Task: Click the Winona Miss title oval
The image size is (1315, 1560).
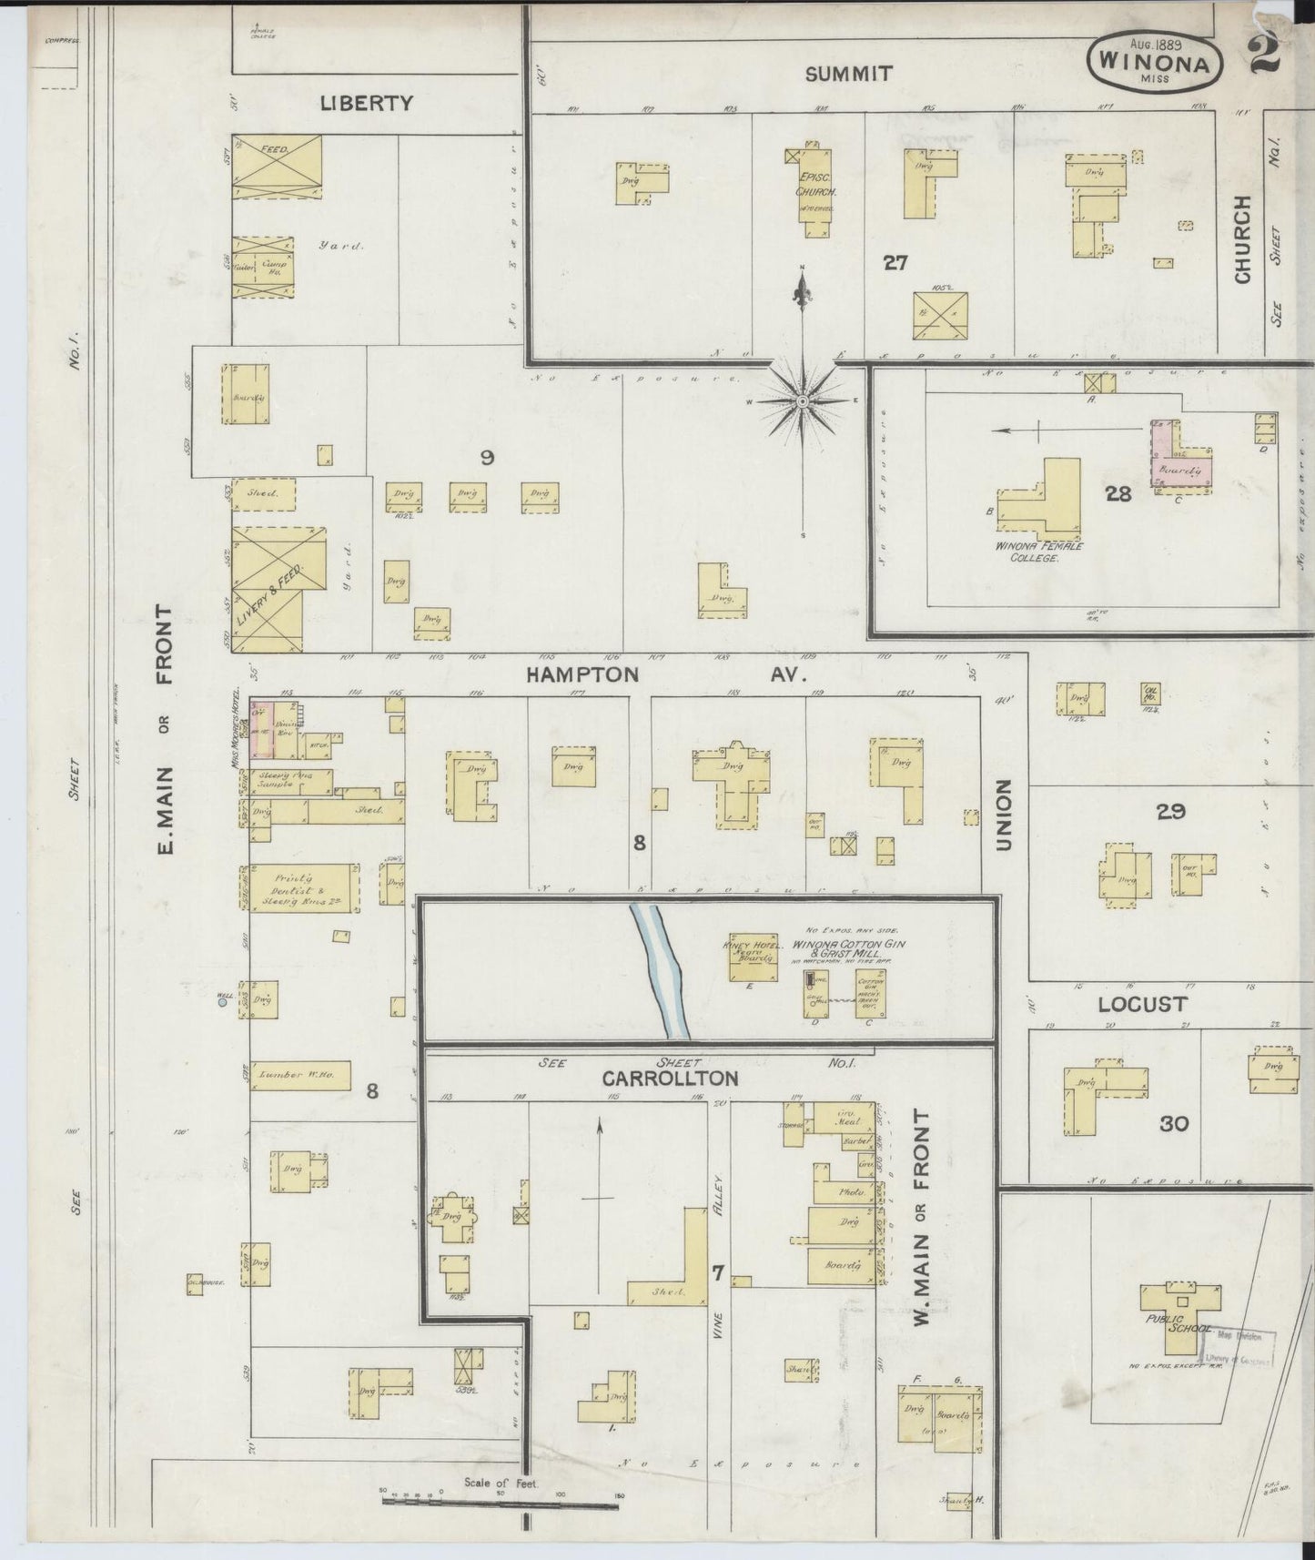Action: (x=1154, y=61)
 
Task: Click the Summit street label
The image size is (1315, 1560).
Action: (x=848, y=74)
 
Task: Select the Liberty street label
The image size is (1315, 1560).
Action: (x=367, y=103)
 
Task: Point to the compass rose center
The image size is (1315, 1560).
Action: (x=804, y=400)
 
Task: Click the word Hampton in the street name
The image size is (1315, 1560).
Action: (x=582, y=674)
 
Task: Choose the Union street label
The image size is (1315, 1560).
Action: (x=1004, y=815)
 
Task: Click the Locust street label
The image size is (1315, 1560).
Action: (x=1142, y=1004)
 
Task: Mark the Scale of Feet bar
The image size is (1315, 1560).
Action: (x=501, y=1497)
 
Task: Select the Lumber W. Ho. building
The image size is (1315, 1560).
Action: (x=300, y=1075)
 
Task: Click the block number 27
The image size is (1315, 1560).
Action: (x=895, y=263)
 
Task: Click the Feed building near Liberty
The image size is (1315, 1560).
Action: (x=278, y=167)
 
